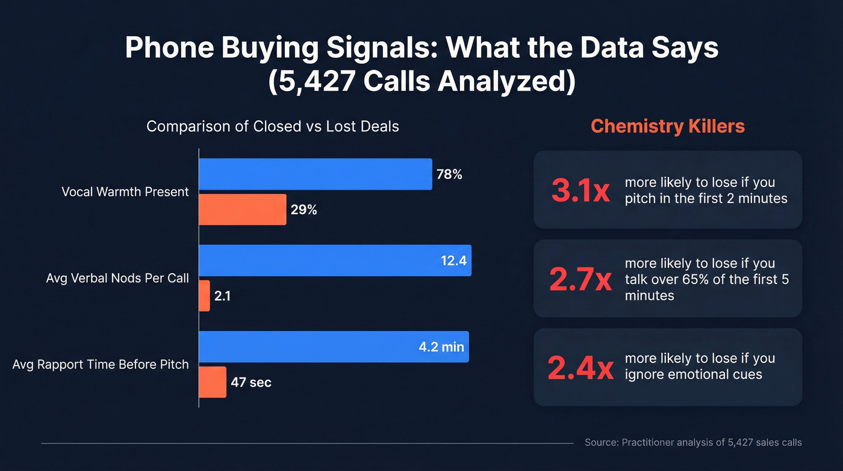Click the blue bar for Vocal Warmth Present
coord(315,174)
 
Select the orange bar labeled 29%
coord(243,210)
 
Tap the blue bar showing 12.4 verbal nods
coord(335,261)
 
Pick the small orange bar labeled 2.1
coord(204,296)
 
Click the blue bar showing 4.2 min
coord(334,347)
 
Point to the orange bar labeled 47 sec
coord(213,382)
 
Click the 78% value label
coord(449,175)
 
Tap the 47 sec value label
coord(251,382)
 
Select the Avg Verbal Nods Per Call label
coord(117,278)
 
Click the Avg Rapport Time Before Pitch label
coord(101,364)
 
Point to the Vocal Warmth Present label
coord(125,192)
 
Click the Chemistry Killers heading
coord(668,126)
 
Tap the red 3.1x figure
coord(581,190)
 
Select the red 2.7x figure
coord(580,279)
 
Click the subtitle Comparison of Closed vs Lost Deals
coord(273,127)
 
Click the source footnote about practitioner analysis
coord(693,443)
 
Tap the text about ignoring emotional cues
coord(700,367)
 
